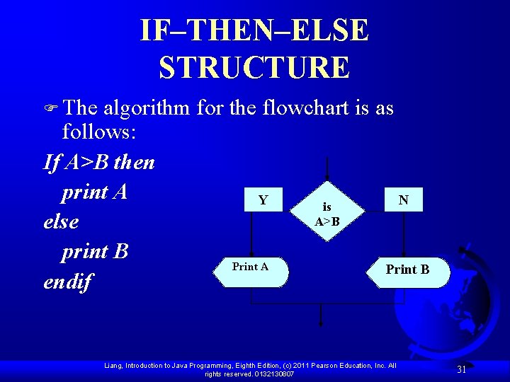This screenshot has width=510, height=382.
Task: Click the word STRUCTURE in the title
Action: [254, 68]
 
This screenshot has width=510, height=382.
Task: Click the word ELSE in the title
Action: [330, 31]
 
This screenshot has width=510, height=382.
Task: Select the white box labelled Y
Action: [263, 200]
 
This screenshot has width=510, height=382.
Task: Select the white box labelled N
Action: [403, 200]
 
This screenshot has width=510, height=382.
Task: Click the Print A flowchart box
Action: [250, 272]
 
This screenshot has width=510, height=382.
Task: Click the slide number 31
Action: [461, 369]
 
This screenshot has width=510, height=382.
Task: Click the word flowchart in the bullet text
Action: [305, 108]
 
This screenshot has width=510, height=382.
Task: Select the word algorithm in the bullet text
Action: [147, 109]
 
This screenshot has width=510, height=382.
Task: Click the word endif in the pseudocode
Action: [68, 282]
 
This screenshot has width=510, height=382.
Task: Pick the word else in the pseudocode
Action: [61, 222]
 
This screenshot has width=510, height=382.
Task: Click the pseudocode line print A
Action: [94, 192]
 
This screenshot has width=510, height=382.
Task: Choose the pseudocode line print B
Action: [94, 252]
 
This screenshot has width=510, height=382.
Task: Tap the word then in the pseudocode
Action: [133, 163]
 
